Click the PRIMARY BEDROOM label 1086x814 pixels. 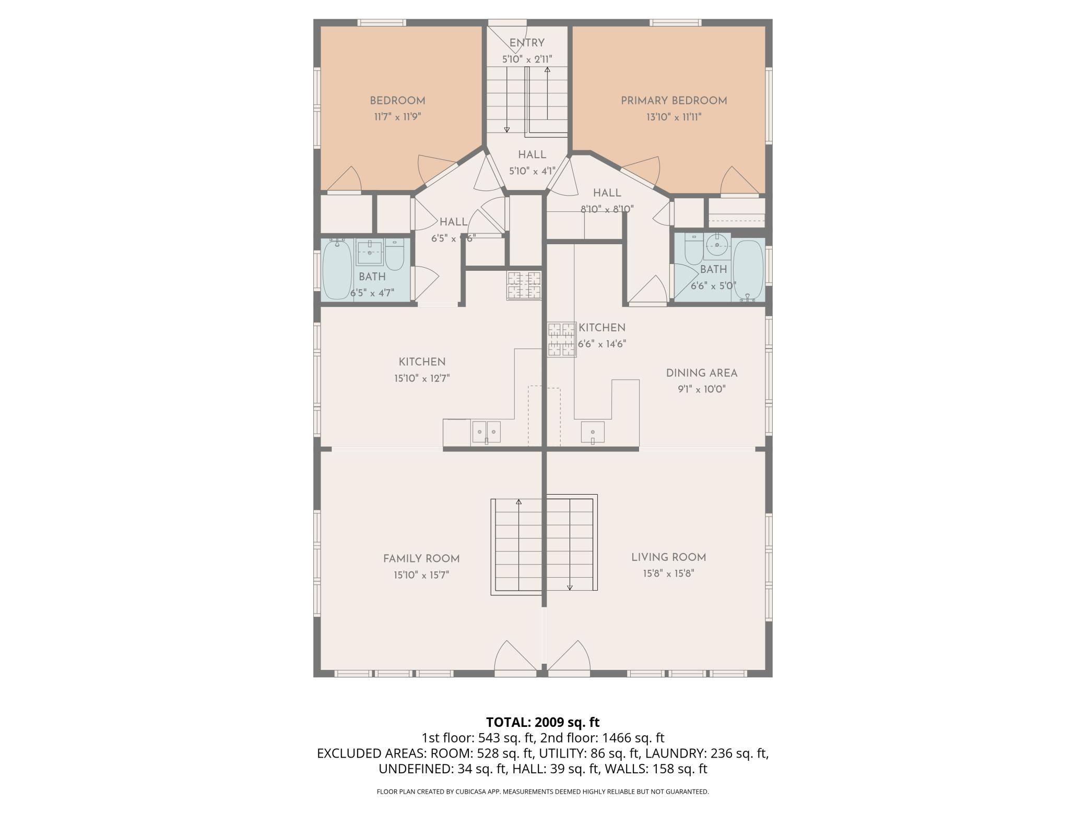pyautogui.click(x=674, y=101)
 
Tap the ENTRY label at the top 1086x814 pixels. pyautogui.click(x=527, y=43)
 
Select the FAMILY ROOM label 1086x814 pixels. pyautogui.click(x=421, y=559)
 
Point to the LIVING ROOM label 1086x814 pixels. pyautogui.click(x=668, y=557)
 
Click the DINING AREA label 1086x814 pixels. pyautogui.click(x=702, y=373)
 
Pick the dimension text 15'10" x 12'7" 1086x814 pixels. pyautogui.click(x=422, y=378)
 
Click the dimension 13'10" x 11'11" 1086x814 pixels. pyautogui.click(x=674, y=117)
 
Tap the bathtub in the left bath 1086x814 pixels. pyautogui.click(x=337, y=269)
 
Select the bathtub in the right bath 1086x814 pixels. pyautogui.click(x=748, y=270)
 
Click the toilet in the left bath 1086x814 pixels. pyautogui.click(x=395, y=255)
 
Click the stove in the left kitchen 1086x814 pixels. pyautogui.click(x=524, y=285)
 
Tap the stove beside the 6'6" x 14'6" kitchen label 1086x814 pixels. pyautogui.click(x=561, y=339)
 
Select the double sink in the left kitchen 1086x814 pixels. pyautogui.click(x=486, y=432)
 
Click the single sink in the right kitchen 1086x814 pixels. pyautogui.click(x=593, y=432)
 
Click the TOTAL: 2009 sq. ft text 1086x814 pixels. pyautogui.click(x=543, y=722)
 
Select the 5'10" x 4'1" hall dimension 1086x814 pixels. pyautogui.click(x=532, y=171)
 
